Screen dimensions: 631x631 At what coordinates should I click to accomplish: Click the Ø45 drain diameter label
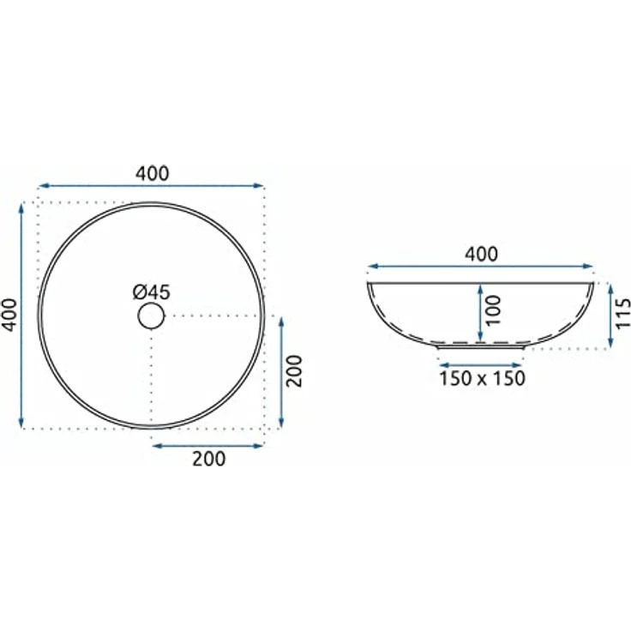[152, 292]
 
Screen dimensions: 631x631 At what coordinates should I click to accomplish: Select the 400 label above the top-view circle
[152, 173]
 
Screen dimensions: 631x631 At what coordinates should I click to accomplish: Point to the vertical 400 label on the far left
[10, 315]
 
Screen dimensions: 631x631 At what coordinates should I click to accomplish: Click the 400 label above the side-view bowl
[481, 254]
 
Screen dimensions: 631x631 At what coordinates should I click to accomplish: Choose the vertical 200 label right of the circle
[294, 370]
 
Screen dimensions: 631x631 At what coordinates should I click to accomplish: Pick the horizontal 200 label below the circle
[209, 459]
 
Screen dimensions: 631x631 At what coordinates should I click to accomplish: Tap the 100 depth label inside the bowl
[493, 310]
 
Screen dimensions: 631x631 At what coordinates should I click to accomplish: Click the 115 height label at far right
[623, 314]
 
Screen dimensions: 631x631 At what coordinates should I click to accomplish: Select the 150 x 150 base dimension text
[482, 378]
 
